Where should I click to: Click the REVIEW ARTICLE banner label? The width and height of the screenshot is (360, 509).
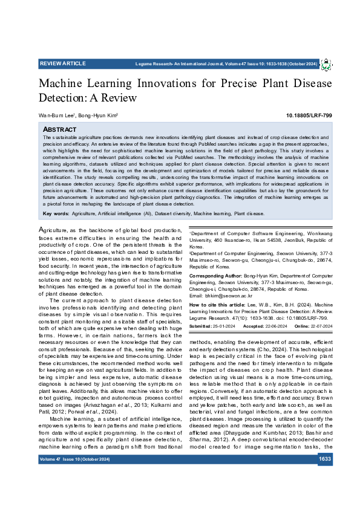click(63, 63)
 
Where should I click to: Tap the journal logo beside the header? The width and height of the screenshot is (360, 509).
click(326, 64)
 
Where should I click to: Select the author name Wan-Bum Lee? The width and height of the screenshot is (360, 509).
click(56, 115)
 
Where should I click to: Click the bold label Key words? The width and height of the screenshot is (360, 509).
click(56, 213)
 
